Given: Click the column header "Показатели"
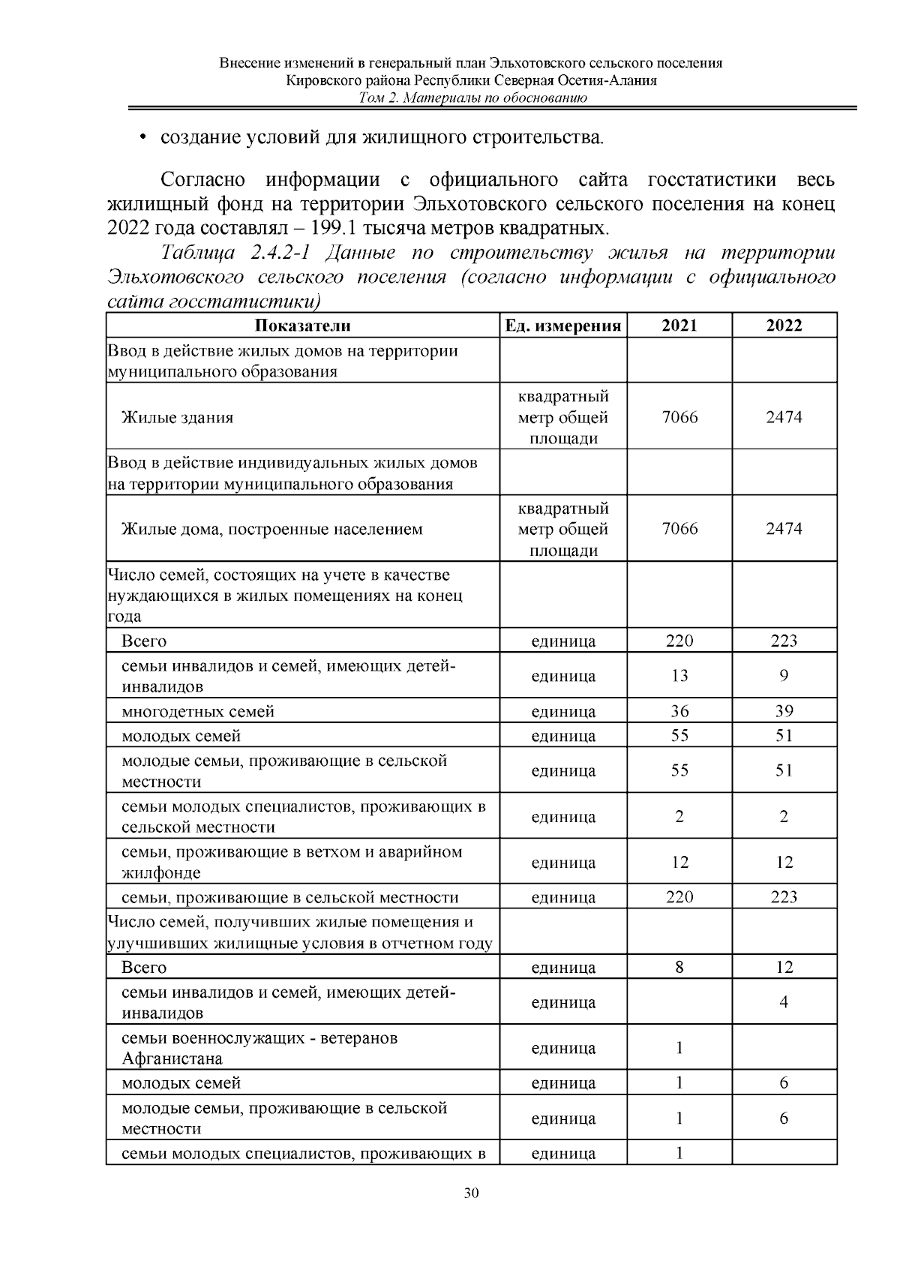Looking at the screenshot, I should point(302,325).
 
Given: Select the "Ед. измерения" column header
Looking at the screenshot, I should point(562,325).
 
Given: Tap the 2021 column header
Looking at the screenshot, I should point(679,325).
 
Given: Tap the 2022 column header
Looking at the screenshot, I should point(784,325).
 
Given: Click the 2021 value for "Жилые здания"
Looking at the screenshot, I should point(679,417).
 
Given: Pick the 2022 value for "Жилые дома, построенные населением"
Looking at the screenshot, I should point(784,529).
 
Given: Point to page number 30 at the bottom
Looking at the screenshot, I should point(471,1194).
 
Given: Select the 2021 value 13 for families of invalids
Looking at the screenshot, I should point(679,676).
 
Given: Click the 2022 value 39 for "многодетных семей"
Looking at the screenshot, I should point(784,711).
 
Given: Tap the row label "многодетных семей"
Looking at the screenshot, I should point(198,711).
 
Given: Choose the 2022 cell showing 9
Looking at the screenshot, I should point(784,676).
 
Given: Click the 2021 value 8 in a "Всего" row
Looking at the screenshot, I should point(679,967).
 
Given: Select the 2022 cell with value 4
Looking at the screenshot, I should point(784,1002).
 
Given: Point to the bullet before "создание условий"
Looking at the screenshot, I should point(142,139).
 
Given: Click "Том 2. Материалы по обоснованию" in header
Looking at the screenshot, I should point(472,98).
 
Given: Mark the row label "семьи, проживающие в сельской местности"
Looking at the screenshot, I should point(289,897).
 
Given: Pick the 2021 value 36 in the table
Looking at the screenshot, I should point(679,711).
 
